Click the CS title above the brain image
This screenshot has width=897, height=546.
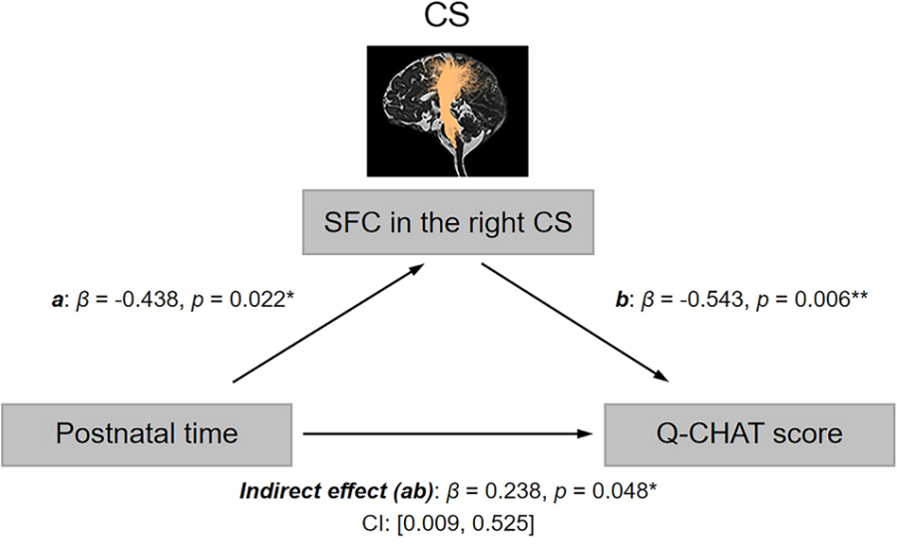pos(447,15)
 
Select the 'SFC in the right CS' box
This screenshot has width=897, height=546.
pos(448,222)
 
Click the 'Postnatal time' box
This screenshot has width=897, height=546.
pos(147,434)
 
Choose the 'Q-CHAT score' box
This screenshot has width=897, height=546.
pos(749,434)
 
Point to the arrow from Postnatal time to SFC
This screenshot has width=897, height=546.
pos(329,323)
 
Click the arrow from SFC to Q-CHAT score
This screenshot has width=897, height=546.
pos(575,322)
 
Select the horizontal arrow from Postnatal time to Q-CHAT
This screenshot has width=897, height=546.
pos(448,434)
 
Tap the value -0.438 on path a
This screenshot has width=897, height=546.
pos(147,299)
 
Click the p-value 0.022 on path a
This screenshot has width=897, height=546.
pos(256,299)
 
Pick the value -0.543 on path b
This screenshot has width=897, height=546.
pos(711,299)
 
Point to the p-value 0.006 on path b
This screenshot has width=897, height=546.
pos(822,299)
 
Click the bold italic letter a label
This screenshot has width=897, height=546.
pos(57,300)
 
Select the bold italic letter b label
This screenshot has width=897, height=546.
pos(622,299)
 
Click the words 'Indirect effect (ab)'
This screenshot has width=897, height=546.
pos(336,491)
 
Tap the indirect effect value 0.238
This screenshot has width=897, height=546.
pos(513,490)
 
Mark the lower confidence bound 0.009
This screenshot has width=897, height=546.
pos(432,523)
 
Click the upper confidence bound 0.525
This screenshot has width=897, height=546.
pos(500,523)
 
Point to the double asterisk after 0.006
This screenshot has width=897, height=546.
pos(860,295)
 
